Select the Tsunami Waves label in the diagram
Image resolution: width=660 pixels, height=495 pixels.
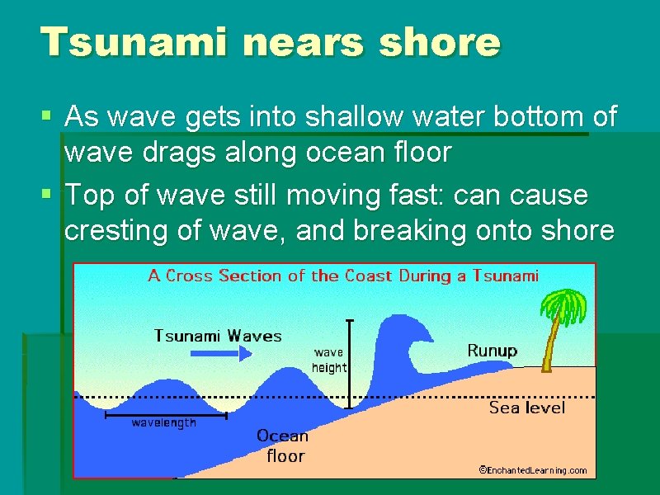pyautogui.click(x=218, y=336)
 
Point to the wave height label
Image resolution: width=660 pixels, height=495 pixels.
pyautogui.click(x=329, y=360)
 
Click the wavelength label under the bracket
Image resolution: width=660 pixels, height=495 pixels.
pyautogui.click(x=164, y=423)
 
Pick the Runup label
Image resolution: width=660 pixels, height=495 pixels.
pyautogui.click(x=493, y=351)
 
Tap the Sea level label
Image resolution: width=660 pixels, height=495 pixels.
pyautogui.click(x=527, y=408)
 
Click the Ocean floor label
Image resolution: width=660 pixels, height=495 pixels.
pyautogui.click(x=282, y=445)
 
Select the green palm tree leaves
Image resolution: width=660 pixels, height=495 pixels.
pyautogui.click(x=564, y=305)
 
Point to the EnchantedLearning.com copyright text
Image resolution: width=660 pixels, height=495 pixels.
pyautogui.click(x=533, y=470)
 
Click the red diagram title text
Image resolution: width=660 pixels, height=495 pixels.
pyautogui.click(x=342, y=276)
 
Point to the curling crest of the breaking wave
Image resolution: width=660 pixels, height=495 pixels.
pyautogui.click(x=412, y=330)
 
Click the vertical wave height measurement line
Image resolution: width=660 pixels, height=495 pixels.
pyautogui.click(x=350, y=363)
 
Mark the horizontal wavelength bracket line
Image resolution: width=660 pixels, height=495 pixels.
pyautogui.click(x=165, y=415)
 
